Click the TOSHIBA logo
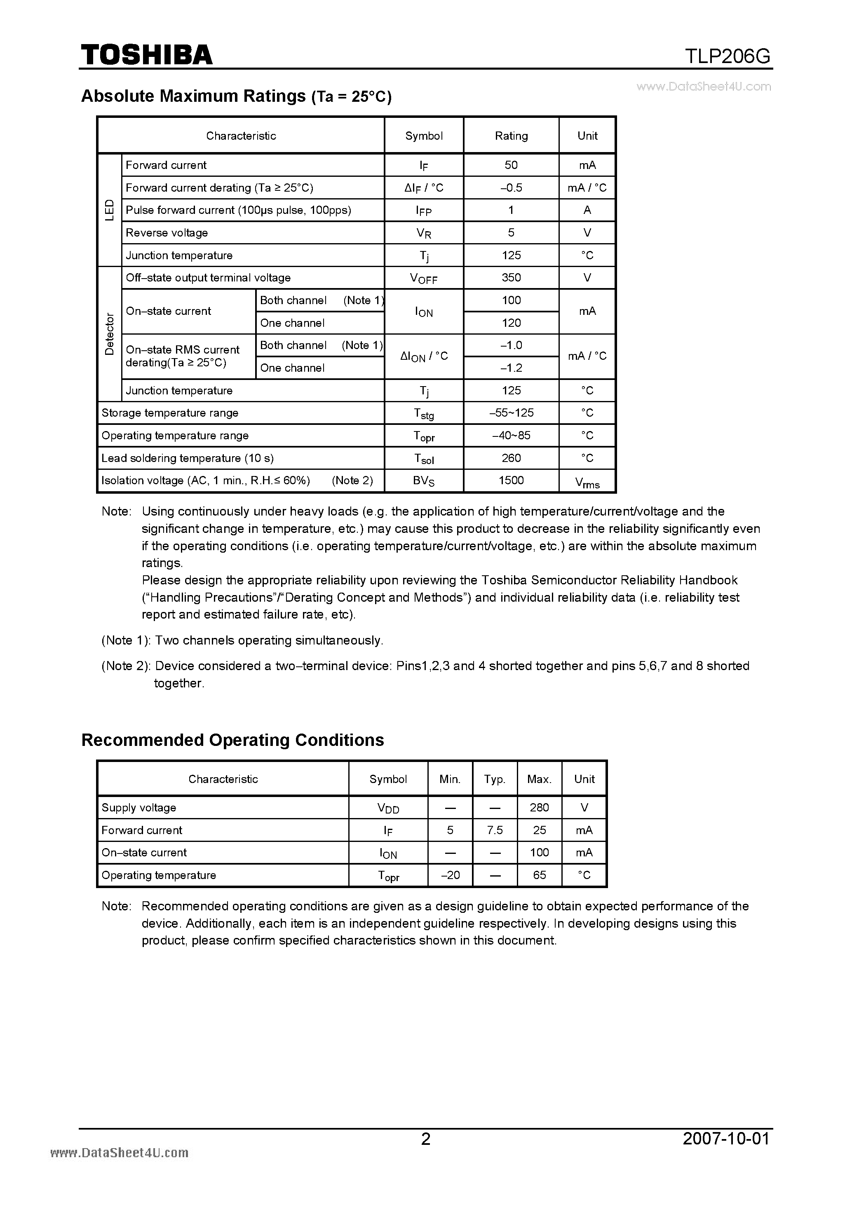(x=146, y=54)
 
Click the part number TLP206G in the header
(x=728, y=56)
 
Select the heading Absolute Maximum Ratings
(x=193, y=96)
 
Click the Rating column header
(x=511, y=136)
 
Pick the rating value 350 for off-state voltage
(x=511, y=278)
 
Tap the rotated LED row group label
(x=109, y=210)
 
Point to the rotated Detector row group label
(x=109, y=334)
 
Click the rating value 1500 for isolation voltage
(x=511, y=480)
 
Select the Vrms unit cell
(x=587, y=482)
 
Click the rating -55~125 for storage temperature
(x=511, y=413)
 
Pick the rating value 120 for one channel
(x=511, y=323)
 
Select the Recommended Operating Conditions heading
(x=232, y=740)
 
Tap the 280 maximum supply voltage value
(x=539, y=808)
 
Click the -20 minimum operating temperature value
(x=450, y=875)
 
